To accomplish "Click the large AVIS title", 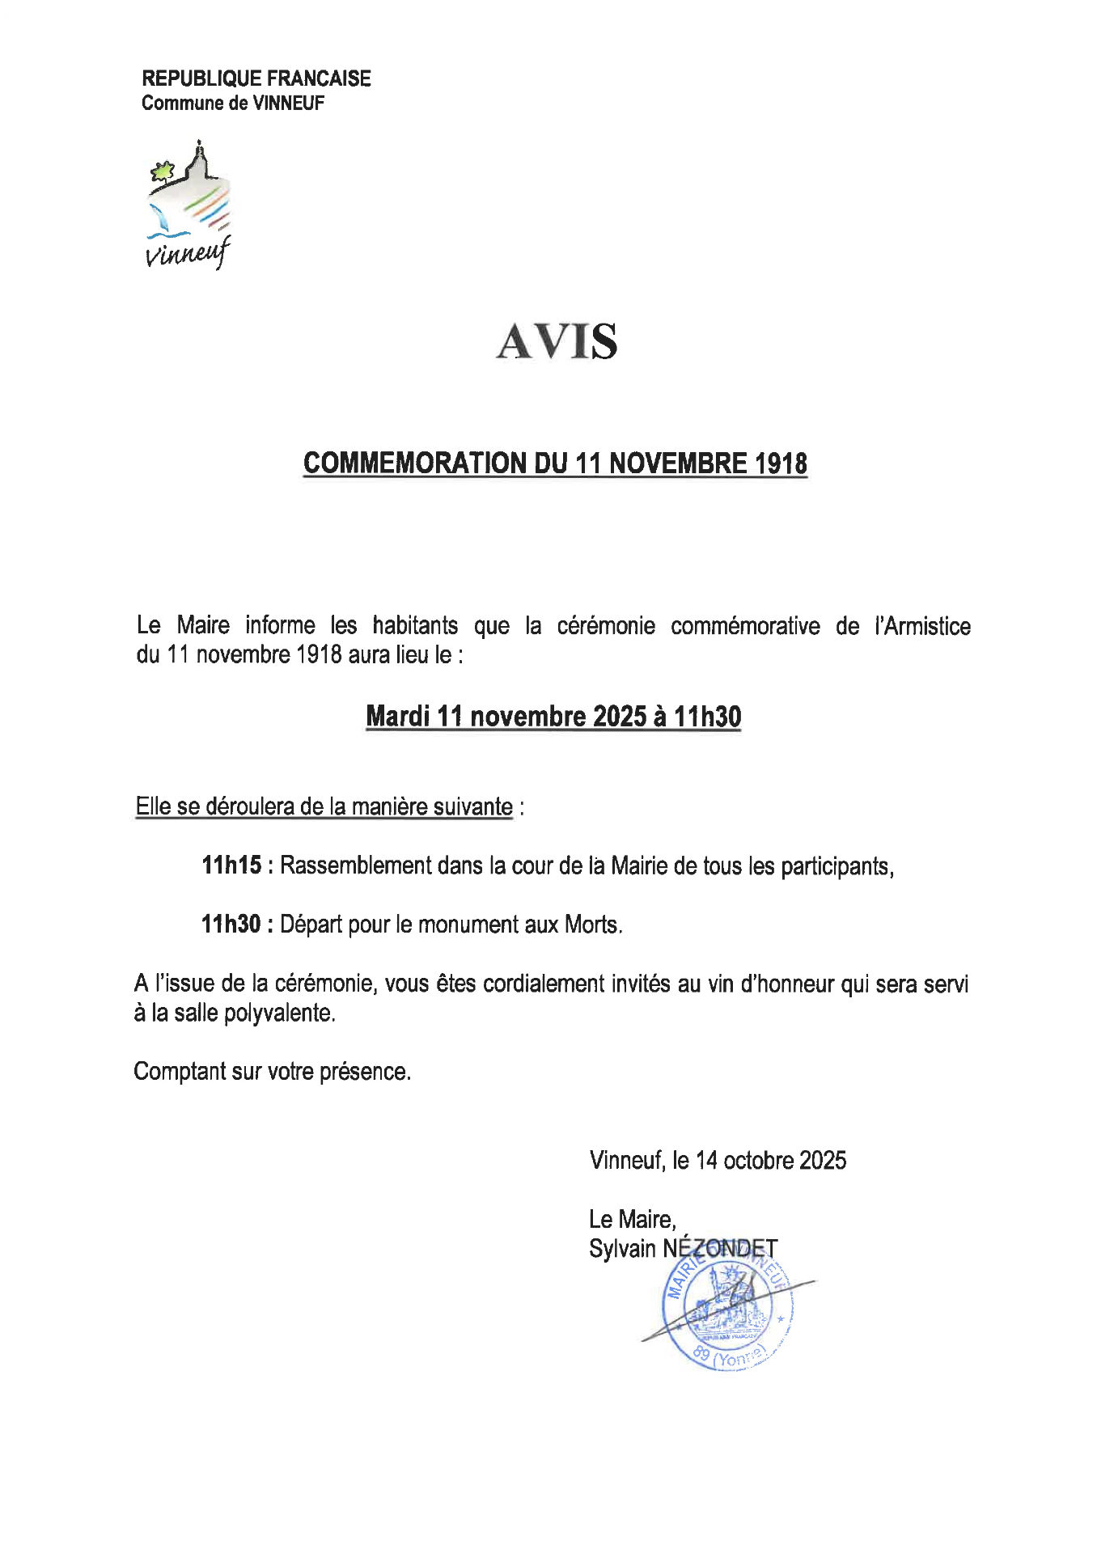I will [557, 341].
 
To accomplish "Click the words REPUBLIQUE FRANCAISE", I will [256, 78].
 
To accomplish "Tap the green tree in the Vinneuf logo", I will [163, 171].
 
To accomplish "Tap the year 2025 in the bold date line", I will [619, 716].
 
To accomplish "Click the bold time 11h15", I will [231, 865].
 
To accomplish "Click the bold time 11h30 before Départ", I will [231, 924].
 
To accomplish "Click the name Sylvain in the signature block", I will [622, 1248].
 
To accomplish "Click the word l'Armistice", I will [922, 625].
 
